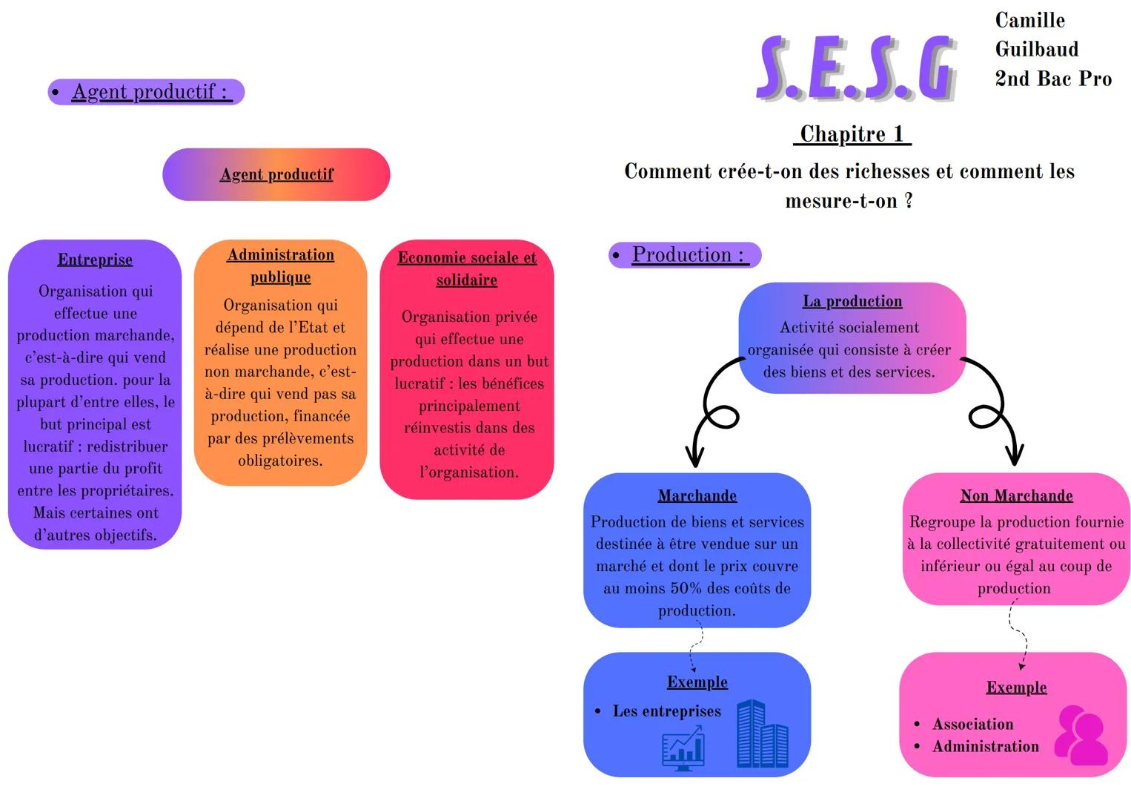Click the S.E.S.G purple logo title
(x=856, y=68)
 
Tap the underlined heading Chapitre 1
(x=852, y=134)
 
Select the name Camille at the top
(x=1029, y=20)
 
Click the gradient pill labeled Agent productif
(x=276, y=174)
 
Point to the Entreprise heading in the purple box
(x=95, y=260)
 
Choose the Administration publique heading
(x=280, y=266)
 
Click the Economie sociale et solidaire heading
(x=467, y=268)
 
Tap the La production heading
(x=852, y=301)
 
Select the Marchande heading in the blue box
(x=697, y=495)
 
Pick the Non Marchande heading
(x=1016, y=495)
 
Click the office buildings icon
(x=762, y=734)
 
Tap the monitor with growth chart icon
(x=683, y=748)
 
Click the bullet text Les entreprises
(x=666, y=711)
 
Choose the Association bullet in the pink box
(x=972, y=724)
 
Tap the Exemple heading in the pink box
(x=1016, y=688)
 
